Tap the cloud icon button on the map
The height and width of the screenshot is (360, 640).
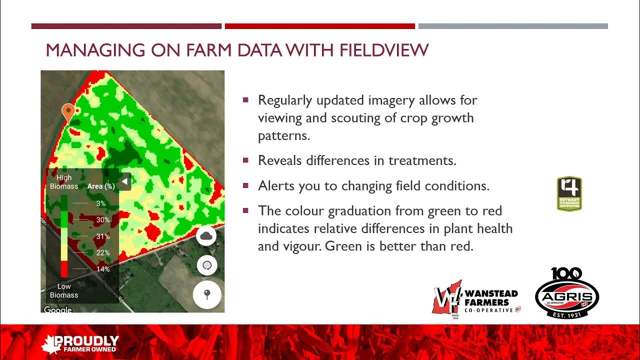tap(206, 236)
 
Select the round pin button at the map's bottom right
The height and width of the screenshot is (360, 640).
tap(207, 294)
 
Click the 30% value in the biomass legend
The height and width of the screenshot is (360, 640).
tap(103, 220)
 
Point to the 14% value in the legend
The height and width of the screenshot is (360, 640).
tap(103, 269)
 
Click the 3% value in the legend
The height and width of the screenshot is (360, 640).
tap(101, 203)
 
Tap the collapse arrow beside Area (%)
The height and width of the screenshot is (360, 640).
tap(125, 182)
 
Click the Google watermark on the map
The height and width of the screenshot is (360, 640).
tap(57, 310)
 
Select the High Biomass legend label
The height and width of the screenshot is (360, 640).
tap(64, 182)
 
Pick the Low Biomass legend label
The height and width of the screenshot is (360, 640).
tap(64, 290)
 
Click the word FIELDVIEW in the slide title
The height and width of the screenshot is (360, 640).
tap(384, 50)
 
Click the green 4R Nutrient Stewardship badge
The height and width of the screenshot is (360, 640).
tap(569, 193)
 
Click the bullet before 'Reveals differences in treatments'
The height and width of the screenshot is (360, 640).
tap(245, 160)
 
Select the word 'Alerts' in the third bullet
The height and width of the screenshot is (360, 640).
tap(276, 186)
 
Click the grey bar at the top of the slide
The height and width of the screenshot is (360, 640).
tap(512, 26)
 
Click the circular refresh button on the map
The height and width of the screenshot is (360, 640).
tap(207, 265)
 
